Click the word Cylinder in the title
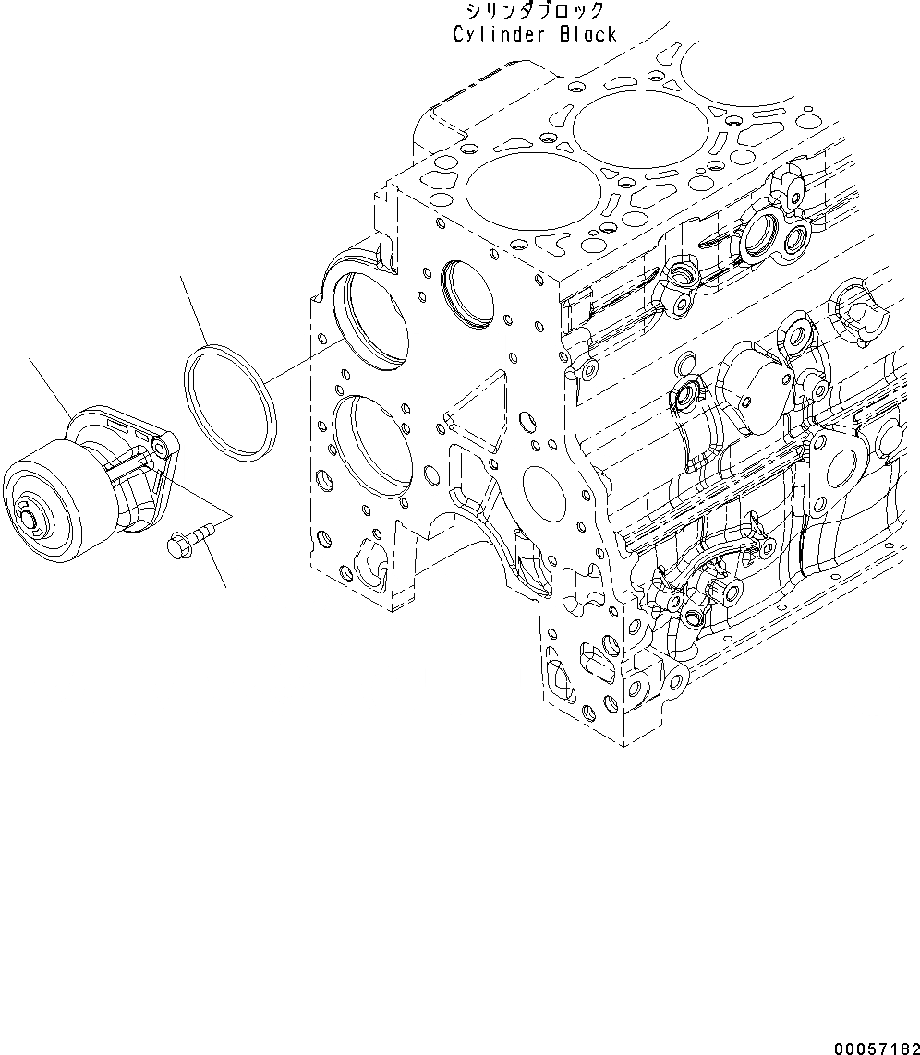click(x=492, y=34)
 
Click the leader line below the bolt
click(x=213, y=562)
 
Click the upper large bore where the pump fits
click(x=372, y=319)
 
